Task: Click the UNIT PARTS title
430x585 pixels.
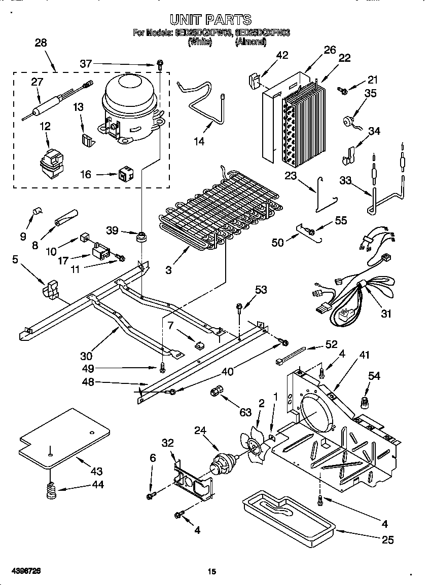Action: click(210, 20)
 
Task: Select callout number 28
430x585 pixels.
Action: click(41, 43)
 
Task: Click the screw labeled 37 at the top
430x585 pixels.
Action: click(160, 64)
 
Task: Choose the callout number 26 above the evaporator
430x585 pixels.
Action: click(330, 50)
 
